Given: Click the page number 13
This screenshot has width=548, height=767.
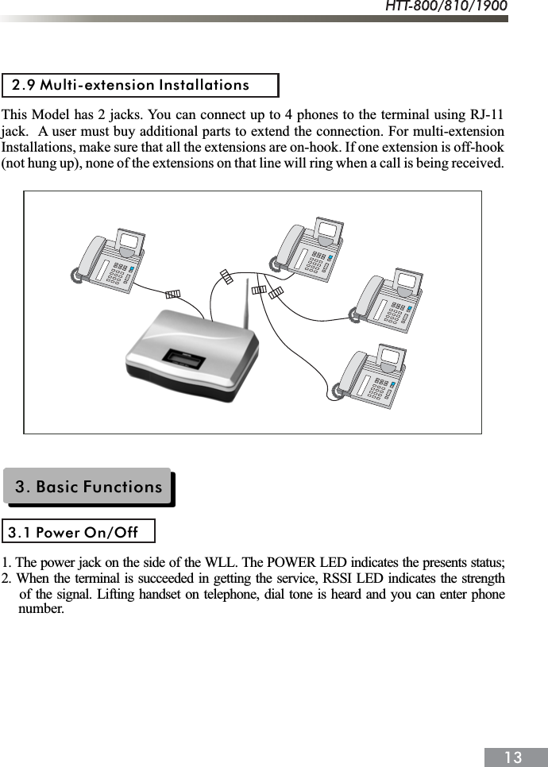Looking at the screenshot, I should (x=513, y=757).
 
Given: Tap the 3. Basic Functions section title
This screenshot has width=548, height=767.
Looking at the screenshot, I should (x=88, y=487).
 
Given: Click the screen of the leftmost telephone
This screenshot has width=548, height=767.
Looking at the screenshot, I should (x=130, y=241).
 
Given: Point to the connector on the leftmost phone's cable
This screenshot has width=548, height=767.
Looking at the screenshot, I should (x=172, y=294).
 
